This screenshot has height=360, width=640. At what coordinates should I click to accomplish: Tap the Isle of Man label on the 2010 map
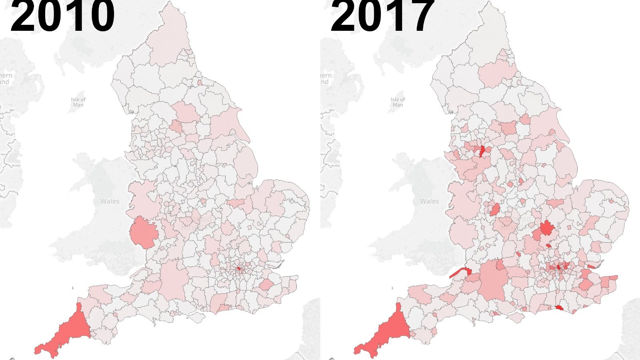(x=78, y=102)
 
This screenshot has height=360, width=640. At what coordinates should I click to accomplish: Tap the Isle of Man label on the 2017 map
(x=398, y=102)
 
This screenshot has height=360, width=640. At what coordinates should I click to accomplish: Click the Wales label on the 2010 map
(x=110, y=201)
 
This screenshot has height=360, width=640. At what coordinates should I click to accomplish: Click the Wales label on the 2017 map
(x=429, y=201)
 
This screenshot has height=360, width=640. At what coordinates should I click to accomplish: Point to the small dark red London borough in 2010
(x=238, y=269)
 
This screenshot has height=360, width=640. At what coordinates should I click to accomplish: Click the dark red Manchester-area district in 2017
(x=482, y=151)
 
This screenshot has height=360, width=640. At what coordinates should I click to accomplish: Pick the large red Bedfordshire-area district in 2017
(x=546, y=229)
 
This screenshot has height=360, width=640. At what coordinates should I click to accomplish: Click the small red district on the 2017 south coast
(x=559, y=308)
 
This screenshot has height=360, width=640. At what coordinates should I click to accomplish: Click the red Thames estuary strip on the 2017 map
(x=591, y=266)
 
